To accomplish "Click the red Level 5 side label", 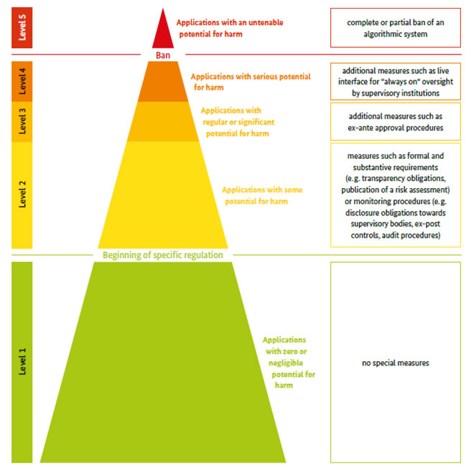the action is click(22, 27).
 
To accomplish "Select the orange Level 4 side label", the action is click(22, 81).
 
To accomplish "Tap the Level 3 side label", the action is click(22, 121).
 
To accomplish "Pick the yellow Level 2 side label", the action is click(22, 195).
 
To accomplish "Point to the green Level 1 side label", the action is click(22, 362).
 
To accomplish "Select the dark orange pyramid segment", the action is click(163, 81).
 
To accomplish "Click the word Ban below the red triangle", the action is click(163, 55).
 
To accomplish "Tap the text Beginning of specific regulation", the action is click(163, 255).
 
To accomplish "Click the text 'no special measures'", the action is click(396, 363).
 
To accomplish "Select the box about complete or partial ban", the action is click(396, 27).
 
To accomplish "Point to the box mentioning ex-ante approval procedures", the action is click(396, 121).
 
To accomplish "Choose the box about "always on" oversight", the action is click(396, 81).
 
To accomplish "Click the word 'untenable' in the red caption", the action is click(266, 22).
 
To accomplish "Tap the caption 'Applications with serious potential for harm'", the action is click(251, 82).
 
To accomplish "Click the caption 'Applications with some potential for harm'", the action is click(262, 195).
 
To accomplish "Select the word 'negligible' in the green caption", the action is click(286, 363).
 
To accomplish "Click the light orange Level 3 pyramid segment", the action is click(163, 121).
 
